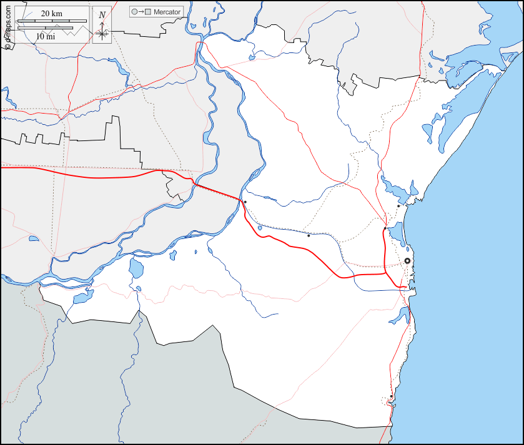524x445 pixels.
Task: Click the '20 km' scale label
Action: [x=52, y=13]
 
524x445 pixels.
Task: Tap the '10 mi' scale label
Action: [x=45, y=37]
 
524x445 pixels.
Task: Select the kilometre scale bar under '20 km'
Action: [x=44, y=22]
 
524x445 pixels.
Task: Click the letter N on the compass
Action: [x=102, y=14]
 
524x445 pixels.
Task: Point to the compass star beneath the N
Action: [x=102, y=32]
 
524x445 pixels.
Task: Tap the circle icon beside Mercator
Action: [x=134, y=12]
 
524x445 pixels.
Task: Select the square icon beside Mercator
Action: [x=149, y=12]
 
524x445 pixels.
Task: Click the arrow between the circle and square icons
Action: [x=141, y=12]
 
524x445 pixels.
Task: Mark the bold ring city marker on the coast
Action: [x=407, y=261]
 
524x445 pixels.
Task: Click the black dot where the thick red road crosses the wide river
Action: [x=245, y=202]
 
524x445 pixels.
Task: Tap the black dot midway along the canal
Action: [x=309, y=235]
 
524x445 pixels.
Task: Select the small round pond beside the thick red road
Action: [x=260, y=228]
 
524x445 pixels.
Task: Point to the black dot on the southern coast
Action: [x=391, y=396]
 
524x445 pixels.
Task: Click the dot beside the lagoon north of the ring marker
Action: [x=398, y=206]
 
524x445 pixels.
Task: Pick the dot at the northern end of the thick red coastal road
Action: [x=384, y=230]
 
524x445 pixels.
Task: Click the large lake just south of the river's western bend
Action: [x=136, y=269]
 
